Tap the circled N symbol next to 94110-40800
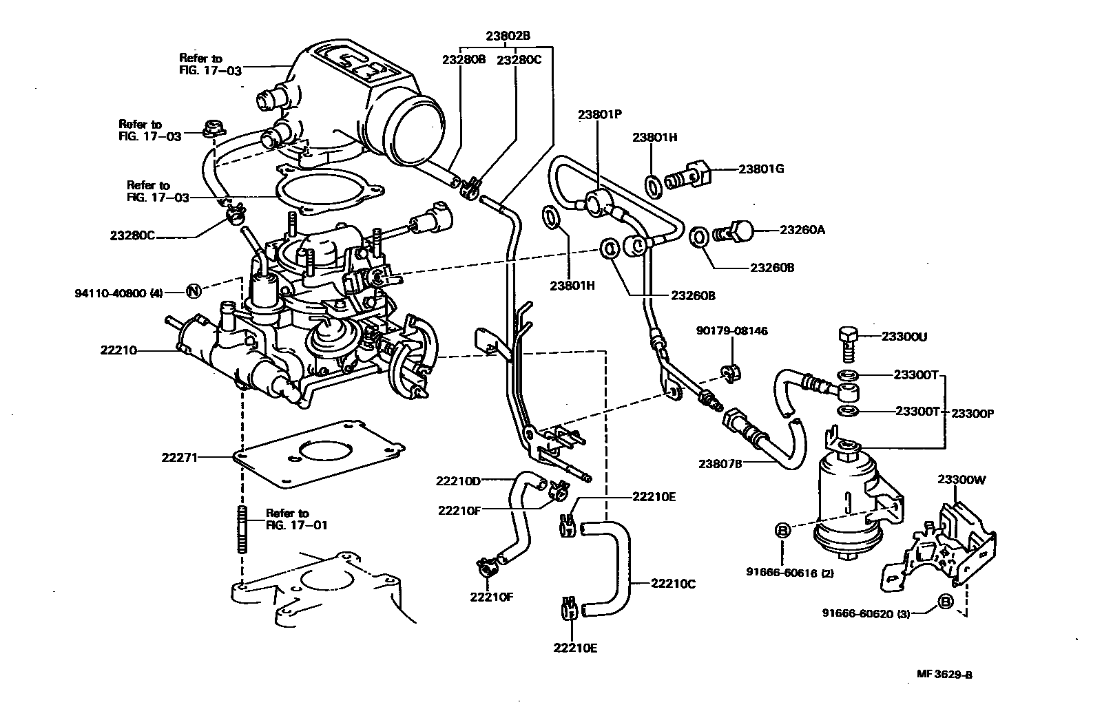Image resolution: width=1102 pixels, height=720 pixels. (194, 292)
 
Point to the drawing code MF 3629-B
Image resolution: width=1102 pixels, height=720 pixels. (944, 675)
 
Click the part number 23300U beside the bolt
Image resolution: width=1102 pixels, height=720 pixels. (904, 337)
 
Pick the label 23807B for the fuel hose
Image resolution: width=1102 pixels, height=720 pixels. (720, 463)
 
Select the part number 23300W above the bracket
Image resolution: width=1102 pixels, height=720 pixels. (961, 480)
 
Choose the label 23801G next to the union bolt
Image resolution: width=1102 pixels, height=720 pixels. (762, 169)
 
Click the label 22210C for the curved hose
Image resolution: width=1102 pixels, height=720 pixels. (673, 584)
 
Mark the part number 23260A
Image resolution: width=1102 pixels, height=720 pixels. (802, 229)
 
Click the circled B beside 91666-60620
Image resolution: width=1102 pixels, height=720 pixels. (946, 602)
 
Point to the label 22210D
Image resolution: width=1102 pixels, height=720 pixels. (458, 480)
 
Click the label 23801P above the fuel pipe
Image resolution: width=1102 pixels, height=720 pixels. (600, 116)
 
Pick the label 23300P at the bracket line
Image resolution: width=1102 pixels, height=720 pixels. (973, 413)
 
